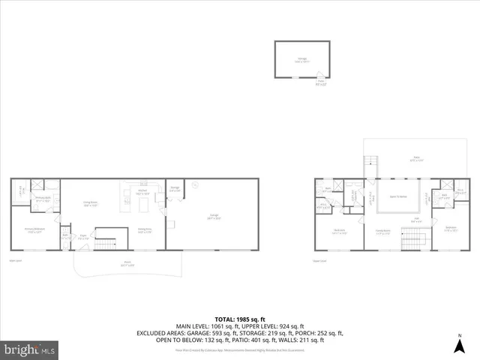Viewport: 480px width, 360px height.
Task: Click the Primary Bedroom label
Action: pyautogui.click(x=34, y=231)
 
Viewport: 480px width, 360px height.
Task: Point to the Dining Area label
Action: pyautogui.click(x=145, y=231)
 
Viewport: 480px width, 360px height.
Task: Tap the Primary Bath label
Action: pyautogui.click(x=43, y=199)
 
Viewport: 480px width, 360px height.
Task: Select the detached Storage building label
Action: pyautogui.click(x=301, y=61)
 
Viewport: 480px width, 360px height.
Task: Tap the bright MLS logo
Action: pyautogui.click(x=30, y=349)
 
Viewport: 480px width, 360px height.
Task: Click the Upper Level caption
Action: pyautogui.click(x=320, y=261)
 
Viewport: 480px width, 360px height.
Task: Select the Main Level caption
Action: pyautogui.click(x=16, y=261)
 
